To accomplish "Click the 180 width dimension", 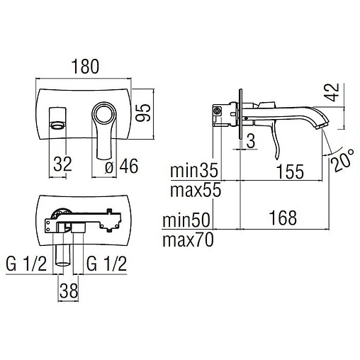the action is pos(85,67).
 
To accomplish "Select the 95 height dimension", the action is pos(143,113).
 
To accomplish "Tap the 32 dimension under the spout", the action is pos(62,164).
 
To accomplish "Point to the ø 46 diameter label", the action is pos(121,166).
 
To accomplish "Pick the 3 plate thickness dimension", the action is pos(251,141).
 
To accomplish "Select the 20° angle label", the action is pos(343,160).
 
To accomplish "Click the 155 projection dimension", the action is pos(290,171).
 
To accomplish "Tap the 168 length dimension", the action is pos(283,218).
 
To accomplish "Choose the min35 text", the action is pos(194,170).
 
